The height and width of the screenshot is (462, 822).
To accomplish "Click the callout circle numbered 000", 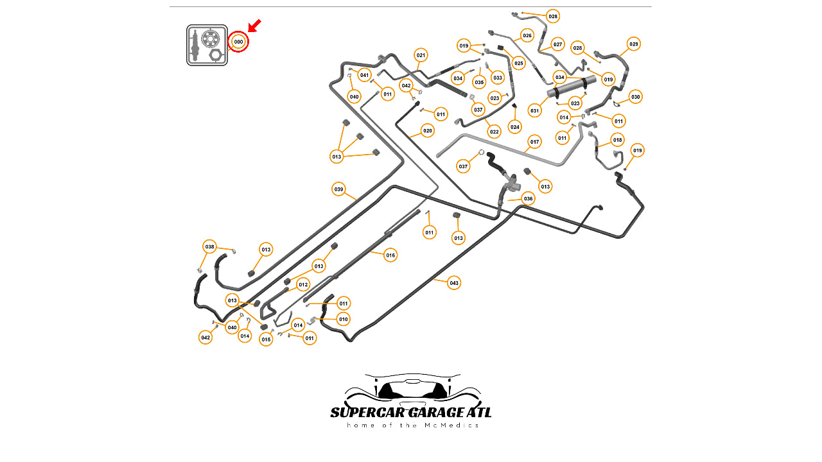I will [x=238, y=42].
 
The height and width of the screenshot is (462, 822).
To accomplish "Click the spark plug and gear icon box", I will [x=207, y=45].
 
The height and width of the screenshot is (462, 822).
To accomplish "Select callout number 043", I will [x=454, y=283].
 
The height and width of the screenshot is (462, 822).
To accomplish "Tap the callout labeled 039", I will [x=338, y=189].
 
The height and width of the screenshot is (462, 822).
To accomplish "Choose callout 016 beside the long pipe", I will [x=390, y=255].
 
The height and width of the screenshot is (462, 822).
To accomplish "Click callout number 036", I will [x=528, y=199].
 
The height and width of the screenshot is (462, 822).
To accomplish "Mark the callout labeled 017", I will [x=534, y=142].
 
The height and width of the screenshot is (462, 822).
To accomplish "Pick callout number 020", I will [x=428, y=131].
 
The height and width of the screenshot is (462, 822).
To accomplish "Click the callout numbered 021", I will [x=421, y=55].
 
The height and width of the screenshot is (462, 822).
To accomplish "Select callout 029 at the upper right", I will [x=634, y=44].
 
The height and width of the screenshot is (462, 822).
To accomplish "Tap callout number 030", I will [x=636, y=97].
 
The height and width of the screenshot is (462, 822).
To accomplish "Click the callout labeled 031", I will [x=534, y=111].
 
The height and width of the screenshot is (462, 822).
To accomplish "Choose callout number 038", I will [x=209, y=247].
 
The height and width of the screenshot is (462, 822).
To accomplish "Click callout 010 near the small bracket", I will [x=344, y=319].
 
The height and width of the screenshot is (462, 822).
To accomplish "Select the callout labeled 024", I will [x=515, y=126].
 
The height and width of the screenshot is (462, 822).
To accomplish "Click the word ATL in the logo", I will [x=475, y=412].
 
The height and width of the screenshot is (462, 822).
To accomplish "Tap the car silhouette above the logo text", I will [x=412, y=387].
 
